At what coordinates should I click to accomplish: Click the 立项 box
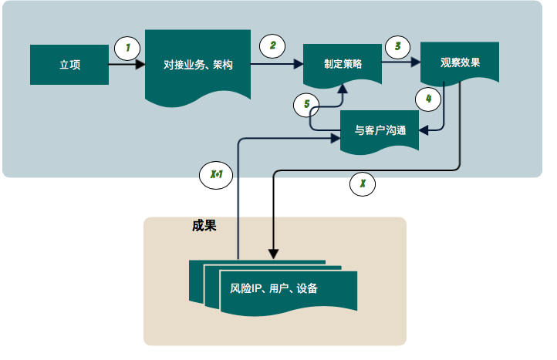click(69, 65)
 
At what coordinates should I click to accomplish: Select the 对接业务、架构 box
click(197, 65)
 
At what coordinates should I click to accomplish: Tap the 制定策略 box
click(343, 66)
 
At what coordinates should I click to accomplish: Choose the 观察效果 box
click(460, 62)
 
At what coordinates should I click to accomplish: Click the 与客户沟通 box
click(380, 131)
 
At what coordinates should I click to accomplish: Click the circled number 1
click(127, 48)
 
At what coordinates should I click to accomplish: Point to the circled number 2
click(272, 45)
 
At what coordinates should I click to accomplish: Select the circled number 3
click(397, 46)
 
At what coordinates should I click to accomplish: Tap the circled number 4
click(428, 99)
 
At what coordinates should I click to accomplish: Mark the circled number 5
click(306, 103)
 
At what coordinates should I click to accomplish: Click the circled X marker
click(363, 184)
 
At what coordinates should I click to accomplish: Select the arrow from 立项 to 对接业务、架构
click(126, 65)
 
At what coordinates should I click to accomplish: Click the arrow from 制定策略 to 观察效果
click(401, 65)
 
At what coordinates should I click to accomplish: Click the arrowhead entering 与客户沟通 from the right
click(424, 130)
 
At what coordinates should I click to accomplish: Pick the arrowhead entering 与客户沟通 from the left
click(336, 139)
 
